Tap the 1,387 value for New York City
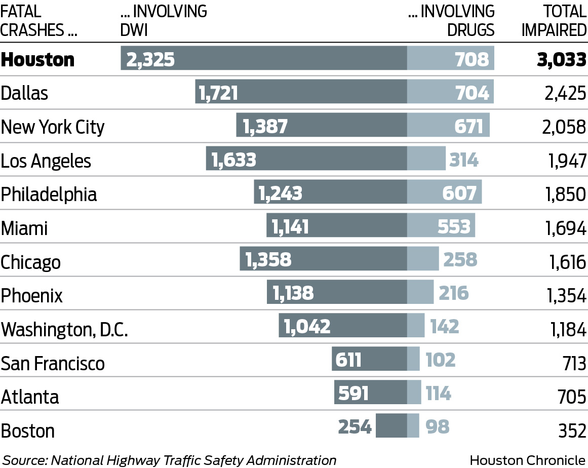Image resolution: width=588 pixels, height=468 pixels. click(265, 126)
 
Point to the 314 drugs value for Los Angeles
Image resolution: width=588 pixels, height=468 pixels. click(463, 160)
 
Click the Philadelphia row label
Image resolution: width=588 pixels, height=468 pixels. click(49, 194)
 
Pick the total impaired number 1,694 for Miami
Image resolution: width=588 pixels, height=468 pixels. click(565, 228)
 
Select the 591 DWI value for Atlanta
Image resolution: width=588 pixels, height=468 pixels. click(353, 394)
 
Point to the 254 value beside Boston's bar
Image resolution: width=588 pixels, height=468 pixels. click(355, 427)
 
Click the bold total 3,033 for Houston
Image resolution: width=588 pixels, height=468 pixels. click(561, 59)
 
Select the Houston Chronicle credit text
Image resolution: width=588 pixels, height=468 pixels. click(527, 460)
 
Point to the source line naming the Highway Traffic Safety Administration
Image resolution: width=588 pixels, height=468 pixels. click(170, 460)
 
